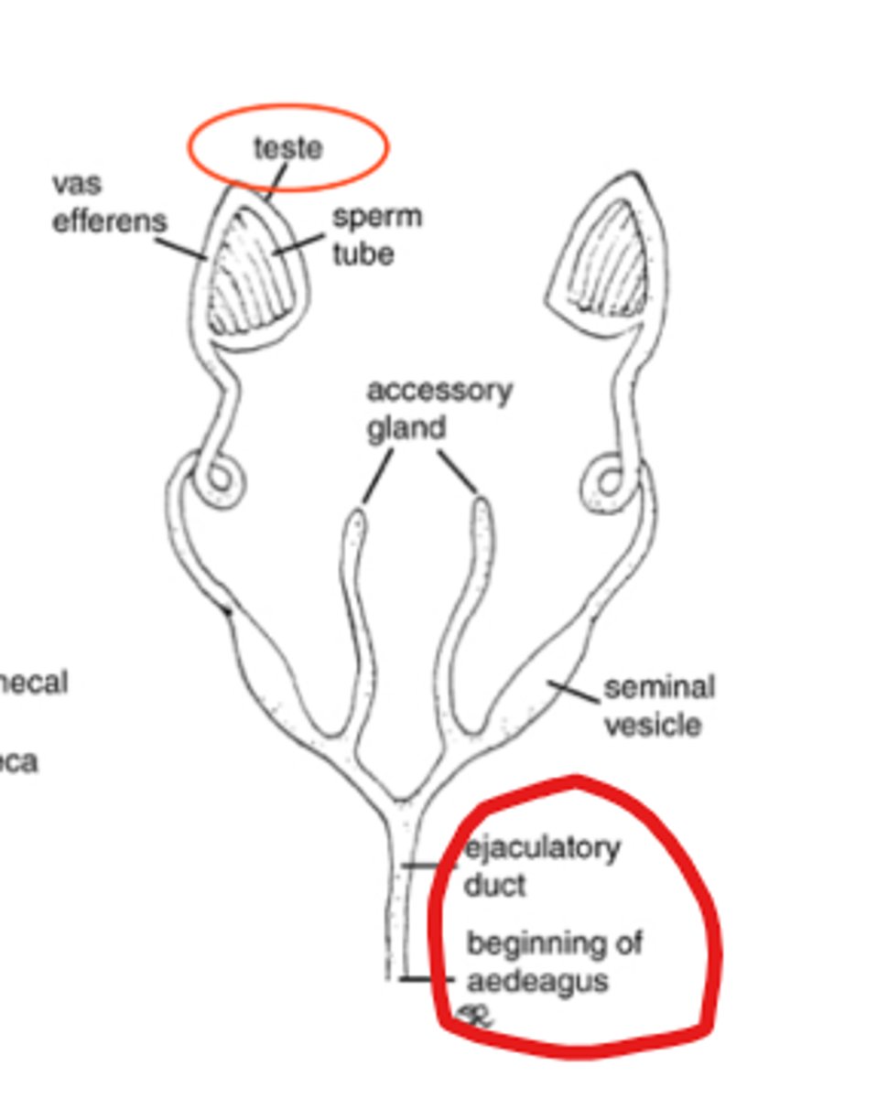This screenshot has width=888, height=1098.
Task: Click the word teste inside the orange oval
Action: (288, 147)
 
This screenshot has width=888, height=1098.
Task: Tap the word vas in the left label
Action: (77, 183)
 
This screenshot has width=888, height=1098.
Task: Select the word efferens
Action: (110, 221)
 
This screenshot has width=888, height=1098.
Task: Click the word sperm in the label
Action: (376, 218)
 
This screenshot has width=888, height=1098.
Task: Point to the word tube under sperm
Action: (363, 253)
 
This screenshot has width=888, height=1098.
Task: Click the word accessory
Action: (439, 391)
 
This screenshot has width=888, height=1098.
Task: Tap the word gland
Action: (406, 428)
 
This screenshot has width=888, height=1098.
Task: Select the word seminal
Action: (659, 686)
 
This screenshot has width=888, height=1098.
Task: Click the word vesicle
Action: (653, 725)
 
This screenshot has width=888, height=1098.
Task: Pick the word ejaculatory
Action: (542, 849)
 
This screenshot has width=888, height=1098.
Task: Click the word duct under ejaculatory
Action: (494, 885)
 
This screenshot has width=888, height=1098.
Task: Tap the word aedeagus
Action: (537, 981)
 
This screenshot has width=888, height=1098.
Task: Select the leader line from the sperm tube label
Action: (298, 243)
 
